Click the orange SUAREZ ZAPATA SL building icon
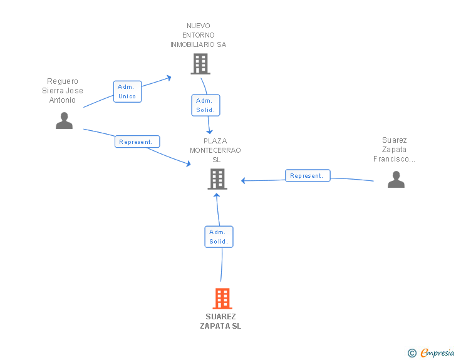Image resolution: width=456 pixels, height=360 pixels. pyautogui.click(x=222, y=299)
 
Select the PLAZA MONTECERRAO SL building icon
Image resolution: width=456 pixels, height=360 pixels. pyautogui.click(x=217, y=179)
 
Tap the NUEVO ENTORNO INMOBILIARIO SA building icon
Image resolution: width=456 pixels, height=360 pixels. pyautogui.click(x=200, y=64)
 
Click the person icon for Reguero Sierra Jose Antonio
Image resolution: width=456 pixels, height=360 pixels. pyautogui.click(x=65, y=120)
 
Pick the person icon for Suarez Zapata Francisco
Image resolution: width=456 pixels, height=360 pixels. pyautogui.click(x=396, y=180)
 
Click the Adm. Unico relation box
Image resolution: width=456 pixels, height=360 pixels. pyautogui.click(x=127, y=91)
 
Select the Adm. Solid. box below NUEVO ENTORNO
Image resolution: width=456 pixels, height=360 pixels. pyautogui.click(x=205, y=105)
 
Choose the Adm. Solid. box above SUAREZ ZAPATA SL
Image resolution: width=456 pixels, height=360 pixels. pyautogui.click(x=219, y=237)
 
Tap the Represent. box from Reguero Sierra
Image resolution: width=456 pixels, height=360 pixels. pyautogui.click(x=137, y=141)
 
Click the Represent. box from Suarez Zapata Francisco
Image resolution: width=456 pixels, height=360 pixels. pyautogui.click(x=308, y=176)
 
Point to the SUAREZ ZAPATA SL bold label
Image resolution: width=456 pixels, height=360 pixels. pyautogui.click(x=220, y=321)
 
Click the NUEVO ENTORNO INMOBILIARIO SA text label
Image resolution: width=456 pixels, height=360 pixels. pyautogui.click(x=199, y=35)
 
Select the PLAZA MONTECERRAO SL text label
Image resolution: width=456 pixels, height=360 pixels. pyautogui.click(x=215, y=150)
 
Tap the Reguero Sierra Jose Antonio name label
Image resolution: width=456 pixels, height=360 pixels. pyautogui.click(x=63, y=90)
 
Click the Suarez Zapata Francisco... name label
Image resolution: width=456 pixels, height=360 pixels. pyautogui.click(x=395, y=150)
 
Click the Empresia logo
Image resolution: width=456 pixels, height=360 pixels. pyautogui.click(x=437, y=352)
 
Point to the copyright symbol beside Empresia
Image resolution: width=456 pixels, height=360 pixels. pyautogui.click(x=412, y=353)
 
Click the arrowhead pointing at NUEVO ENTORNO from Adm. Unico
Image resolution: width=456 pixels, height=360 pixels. pyautogui.click(x=168, y=78)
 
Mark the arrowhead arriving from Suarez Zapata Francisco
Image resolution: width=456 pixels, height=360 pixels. pyautogui.click(x=244, y=180)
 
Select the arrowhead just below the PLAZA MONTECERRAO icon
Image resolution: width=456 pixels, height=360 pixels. pyautogui.click(x=217, y=195)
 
